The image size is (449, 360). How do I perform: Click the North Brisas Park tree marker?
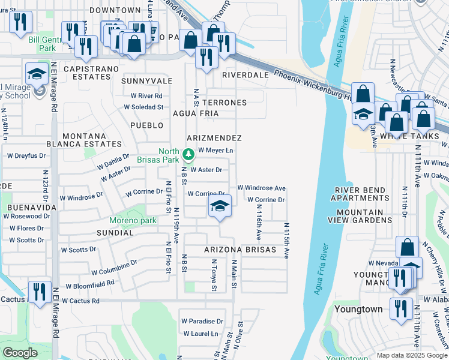(x=188, y=155)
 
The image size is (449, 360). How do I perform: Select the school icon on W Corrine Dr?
(x=220, y=207)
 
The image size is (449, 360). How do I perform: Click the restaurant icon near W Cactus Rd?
(x=40, y=292)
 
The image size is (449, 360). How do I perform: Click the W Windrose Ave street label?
(x=261, y=188)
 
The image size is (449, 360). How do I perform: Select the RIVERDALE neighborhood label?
(x=244, y=75)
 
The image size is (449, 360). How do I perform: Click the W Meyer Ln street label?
(x=215, y=150)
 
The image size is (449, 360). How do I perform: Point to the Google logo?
(x=20, y=353)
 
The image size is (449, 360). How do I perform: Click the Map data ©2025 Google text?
(x=412, y=355)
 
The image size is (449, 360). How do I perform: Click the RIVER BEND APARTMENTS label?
(x=360, y=194)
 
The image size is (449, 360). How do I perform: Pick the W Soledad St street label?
(x=143, y=107)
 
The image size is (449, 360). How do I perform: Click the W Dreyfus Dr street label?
(x=26, y=155)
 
